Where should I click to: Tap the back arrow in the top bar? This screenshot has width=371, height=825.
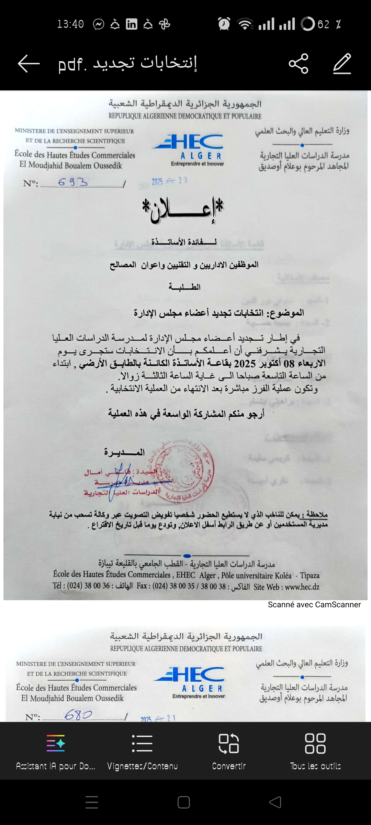point(29,64)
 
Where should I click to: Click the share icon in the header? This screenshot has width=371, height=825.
point(299,64)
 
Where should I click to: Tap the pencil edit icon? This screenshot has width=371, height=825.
point(342,64)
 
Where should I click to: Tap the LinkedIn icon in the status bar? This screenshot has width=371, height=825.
point(132,24)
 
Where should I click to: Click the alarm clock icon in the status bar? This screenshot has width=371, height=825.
point(224,24)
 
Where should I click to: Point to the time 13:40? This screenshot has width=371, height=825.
point(70,24)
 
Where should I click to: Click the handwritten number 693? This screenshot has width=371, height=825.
point(73,182)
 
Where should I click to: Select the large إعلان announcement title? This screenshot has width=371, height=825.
point(183,209)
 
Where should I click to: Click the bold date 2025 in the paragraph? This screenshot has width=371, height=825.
point(245,363)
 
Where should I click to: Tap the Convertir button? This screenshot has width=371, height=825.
point(229,751)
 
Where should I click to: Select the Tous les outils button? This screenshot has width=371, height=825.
point(315,751)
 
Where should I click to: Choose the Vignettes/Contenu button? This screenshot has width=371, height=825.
point(142,751)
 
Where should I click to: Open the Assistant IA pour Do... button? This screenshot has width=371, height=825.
point(56,751)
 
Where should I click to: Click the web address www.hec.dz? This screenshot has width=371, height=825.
point(302,587)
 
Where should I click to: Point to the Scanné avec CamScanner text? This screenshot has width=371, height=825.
point(314,605)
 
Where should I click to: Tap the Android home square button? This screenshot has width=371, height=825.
point(184,802)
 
